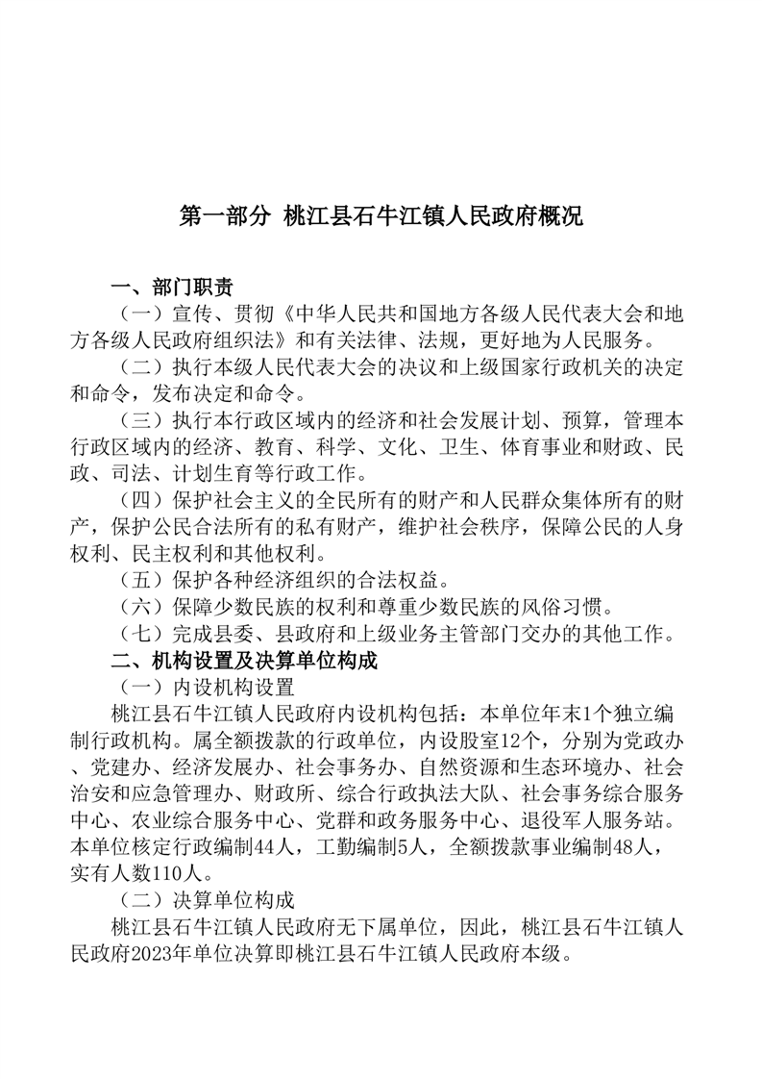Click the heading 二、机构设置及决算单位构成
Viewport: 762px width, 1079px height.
coord(244,662)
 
